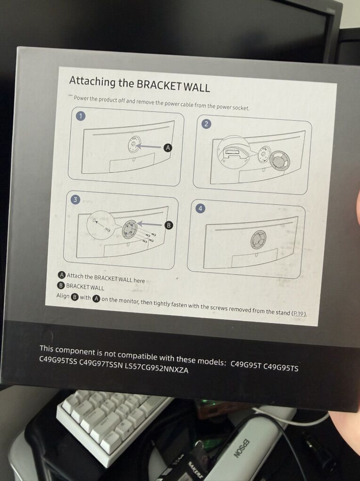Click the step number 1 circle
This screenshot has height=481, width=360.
coord(81,116)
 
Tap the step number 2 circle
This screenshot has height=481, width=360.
coord(206,124)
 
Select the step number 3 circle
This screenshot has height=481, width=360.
coord(75,199)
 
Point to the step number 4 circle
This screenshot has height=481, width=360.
coord(200,208)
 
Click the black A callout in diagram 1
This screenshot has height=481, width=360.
coord(168,148)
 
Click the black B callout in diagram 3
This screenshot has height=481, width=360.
coord(168,225)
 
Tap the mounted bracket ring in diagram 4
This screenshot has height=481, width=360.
coord(259,239)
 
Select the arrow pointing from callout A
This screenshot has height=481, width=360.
coord(149,147)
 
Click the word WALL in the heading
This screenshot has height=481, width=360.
coord(196,87)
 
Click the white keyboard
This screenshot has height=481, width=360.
coord(110,417)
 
